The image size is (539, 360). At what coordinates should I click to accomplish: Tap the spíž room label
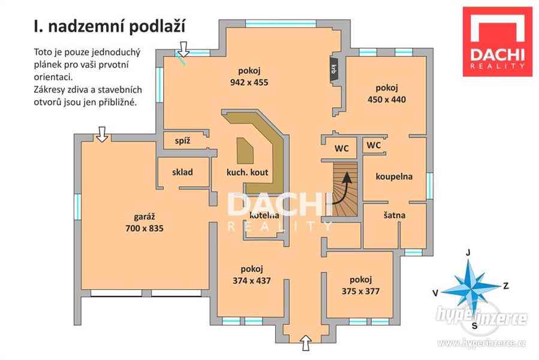tap(182, 141)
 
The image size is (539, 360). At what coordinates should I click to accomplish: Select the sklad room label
tap(182, 172)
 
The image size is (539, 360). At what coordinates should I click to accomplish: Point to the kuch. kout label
tap(246, 172)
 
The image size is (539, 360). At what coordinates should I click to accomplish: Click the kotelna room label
tap(264, 215)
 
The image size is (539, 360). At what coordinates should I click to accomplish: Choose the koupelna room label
tap(394, 176)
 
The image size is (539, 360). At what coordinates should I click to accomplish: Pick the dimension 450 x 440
tap(387, 99)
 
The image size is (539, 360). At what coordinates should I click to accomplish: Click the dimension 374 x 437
tap(251, 280)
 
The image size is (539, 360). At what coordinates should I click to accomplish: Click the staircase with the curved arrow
tap(344, 190)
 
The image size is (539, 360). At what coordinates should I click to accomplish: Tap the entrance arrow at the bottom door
tap(306, 343)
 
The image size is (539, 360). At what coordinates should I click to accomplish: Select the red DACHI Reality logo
tap(497, 41)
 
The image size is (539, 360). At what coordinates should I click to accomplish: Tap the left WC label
tap(341, 148)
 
